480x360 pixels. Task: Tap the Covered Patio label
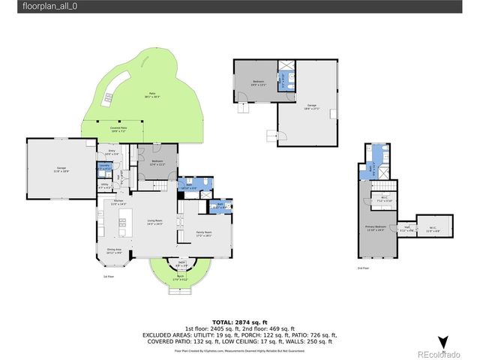(119, 130)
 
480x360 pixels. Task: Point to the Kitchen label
(118, 202)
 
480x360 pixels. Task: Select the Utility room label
(105, 185)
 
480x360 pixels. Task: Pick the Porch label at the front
(181, 278)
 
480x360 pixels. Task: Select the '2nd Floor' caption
(364, 268)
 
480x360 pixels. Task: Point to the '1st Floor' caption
(108, 277)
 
